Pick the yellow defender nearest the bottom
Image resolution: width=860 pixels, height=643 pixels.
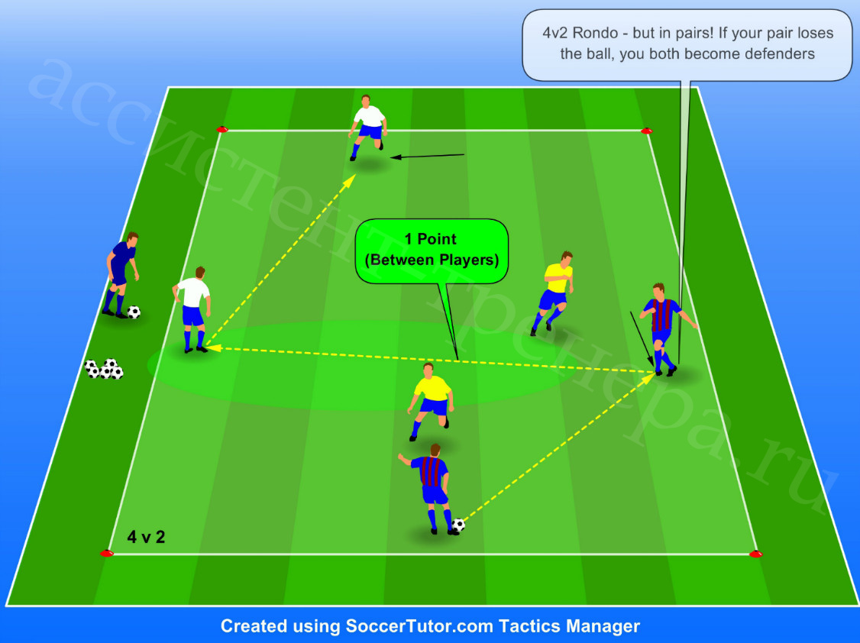coord(431,400)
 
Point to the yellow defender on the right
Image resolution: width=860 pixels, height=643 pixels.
coord(553,292)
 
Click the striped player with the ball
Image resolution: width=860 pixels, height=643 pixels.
coord(431,489)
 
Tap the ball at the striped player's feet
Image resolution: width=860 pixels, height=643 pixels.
coord(458,525)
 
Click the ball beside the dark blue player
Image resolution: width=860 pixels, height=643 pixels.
coord(134,312)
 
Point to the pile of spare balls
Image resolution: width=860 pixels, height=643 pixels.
coord(104,369)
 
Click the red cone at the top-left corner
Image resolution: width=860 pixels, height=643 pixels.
coord(221,129)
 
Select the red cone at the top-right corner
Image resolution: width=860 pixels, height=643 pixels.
coord(647,131)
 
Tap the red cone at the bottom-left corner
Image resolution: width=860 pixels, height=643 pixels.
coord(107,553)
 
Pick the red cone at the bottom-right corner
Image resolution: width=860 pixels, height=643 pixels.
coord(756,554)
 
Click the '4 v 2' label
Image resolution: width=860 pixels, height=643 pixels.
coord(146,537)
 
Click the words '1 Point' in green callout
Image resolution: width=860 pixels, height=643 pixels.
coord(431,239)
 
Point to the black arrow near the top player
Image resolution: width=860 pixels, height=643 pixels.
coord(427,157)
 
